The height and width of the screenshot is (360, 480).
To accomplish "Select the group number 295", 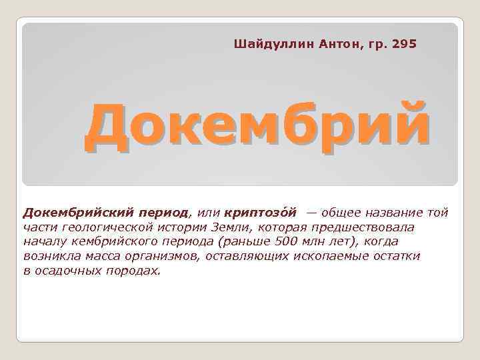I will [404, 44].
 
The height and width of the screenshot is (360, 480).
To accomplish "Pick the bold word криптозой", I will [263, 213].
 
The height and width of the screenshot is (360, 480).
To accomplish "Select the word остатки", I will [397, 257].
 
